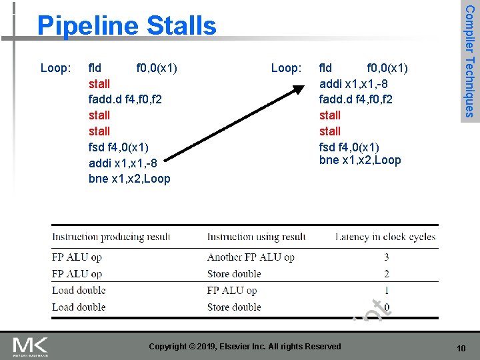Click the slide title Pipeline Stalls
127,26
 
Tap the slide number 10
461,348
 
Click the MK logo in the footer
30,346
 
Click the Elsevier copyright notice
245,346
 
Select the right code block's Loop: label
287,67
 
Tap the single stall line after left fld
99,83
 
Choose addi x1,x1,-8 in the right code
353,83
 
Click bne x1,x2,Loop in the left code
129,179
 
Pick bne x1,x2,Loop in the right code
360,160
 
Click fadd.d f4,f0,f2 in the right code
356,99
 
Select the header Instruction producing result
111,237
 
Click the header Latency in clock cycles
385,237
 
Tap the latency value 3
387,257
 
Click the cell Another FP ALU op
251,257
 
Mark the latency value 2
387,274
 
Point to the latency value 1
387,291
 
